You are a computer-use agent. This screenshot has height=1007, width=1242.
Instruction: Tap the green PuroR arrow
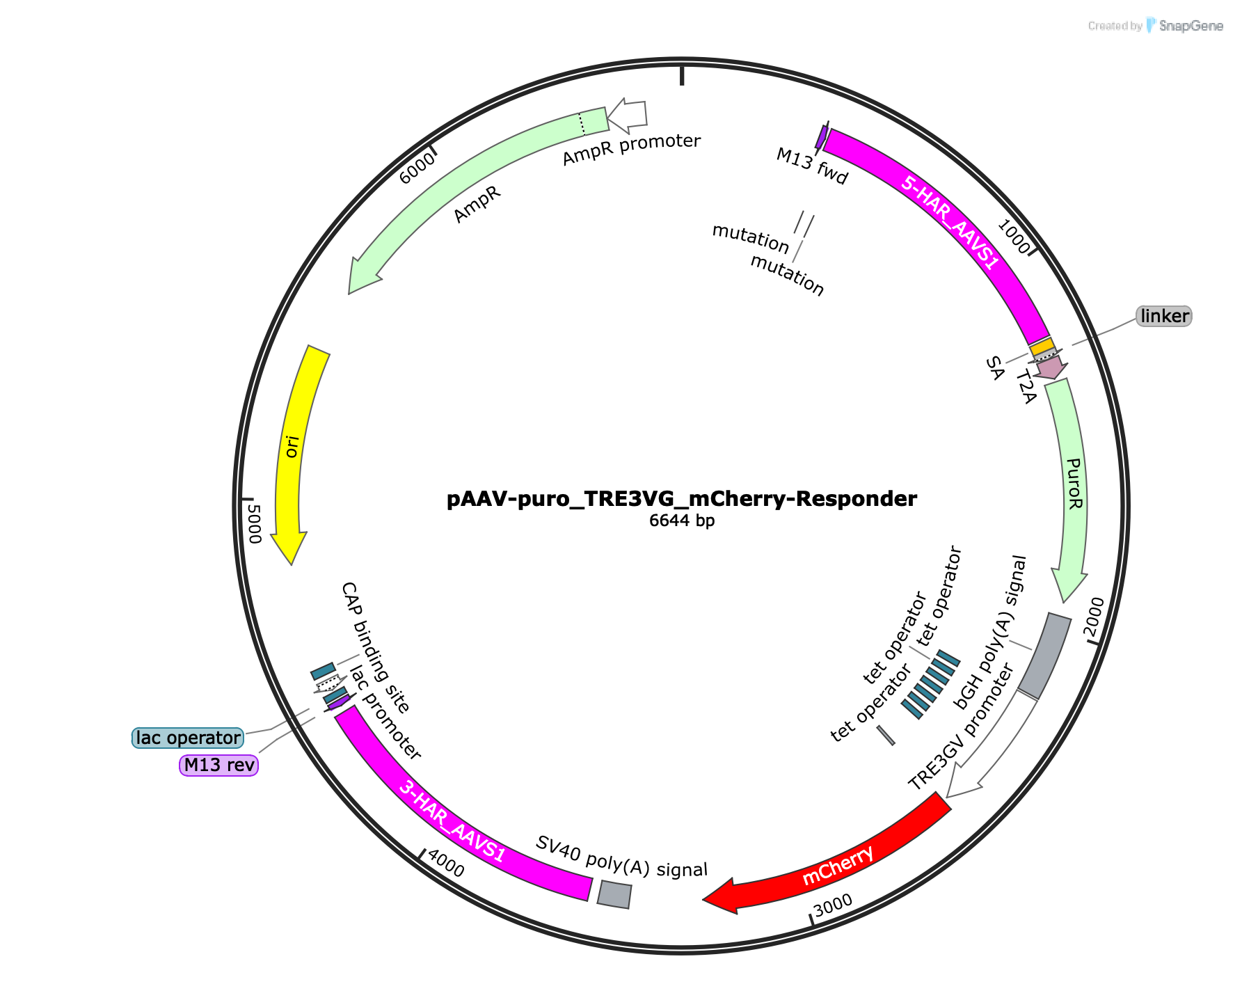1072,487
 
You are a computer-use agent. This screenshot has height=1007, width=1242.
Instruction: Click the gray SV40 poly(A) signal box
614,894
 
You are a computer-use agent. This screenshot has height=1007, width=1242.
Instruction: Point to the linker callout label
1164,316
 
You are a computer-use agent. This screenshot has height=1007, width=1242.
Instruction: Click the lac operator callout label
188,738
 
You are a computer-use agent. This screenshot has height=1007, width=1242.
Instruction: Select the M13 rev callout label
219,766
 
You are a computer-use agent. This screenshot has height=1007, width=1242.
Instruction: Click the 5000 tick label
253,525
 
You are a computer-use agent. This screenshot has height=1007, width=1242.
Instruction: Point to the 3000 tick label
832,905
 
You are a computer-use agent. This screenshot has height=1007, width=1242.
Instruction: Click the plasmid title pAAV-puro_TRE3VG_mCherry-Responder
682,499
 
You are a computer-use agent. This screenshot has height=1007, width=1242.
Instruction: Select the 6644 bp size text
682,521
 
